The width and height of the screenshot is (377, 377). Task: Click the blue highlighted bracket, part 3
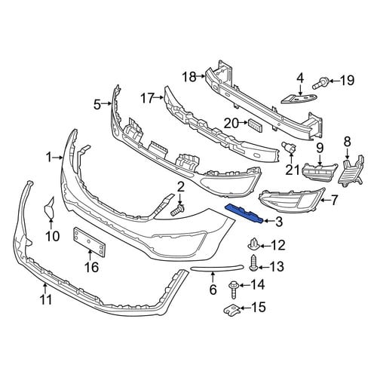pyautogui.click(x=244, y=213)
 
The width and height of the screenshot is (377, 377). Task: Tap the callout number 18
pyautogui.click(x=189, y=77)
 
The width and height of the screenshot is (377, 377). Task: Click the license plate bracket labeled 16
pyautogui.click(x=89, y=242)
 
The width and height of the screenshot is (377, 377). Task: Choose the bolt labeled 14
pyautogui.click(x=234, y=290)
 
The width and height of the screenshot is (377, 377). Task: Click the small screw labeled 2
pyautogui.click(x=178, y=210)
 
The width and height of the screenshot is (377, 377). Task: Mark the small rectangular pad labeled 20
pyautogui.click(x=255, y=125)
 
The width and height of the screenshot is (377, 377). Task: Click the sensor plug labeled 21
pyautogui.click(x=289, y=147)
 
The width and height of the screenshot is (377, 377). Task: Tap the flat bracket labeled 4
pyautogui.click(x=299, y=98)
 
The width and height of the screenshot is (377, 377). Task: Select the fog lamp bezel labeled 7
pyautogui.click(x=292, y=201)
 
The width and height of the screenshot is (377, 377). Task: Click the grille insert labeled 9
pyautogui.click(x=320, y=171)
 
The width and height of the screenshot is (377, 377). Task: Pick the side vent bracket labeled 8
pyautogui.click(x=351, y=172)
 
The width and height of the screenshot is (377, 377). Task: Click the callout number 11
pyautogui.click(x=47, y=299)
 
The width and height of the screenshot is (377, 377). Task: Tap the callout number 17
pyautogui.click(x=147, y=98)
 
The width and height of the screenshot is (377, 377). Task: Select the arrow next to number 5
pyautogui.click(x=106, y=103)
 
